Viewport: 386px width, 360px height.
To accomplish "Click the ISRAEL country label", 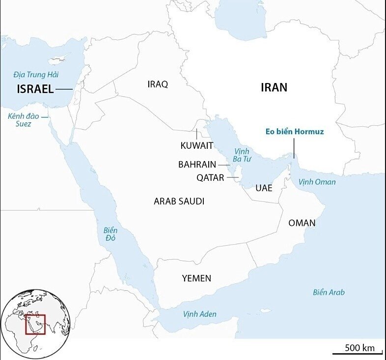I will click(x=35, y=89).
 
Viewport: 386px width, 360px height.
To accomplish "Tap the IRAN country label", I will click(x=274, y=87).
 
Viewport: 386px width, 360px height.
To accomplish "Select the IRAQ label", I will click(x=158, y=84).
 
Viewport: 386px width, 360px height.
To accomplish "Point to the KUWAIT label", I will click(x=197, y=145).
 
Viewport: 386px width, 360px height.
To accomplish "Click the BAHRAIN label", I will click(x=197, y=165).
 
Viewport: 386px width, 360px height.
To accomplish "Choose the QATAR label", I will click(x=210, y=178).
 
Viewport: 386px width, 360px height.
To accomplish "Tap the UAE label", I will click(x=264, y=188).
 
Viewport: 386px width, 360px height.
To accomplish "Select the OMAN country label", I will click(x=302, y=223).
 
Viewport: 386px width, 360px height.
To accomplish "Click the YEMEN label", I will click(x=196, y=278).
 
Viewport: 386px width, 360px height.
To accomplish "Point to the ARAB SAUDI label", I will click(x=179, y=201).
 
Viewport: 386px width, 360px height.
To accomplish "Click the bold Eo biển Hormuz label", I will click(x=294, y=132).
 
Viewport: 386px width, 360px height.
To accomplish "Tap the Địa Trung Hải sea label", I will click(x=36, y=75).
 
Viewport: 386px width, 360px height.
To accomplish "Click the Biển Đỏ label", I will click(x=110, y=234).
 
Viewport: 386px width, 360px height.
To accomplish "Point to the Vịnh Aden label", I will click(x=199, y=314).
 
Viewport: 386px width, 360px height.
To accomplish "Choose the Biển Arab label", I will click(x=329, y=292).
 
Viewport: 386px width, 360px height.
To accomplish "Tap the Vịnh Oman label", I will click(x=317, y=182).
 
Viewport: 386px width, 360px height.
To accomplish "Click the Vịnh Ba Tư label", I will click(x=242, y=155).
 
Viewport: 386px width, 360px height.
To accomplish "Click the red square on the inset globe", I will click(x=35, y=324).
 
